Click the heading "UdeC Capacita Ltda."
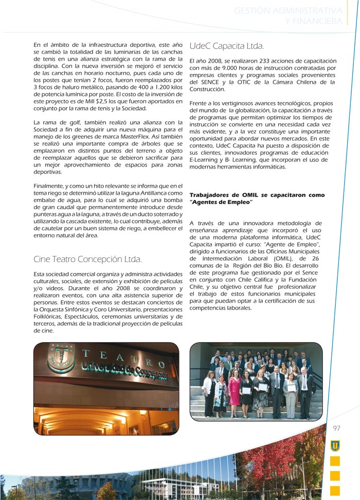tap(226, 46)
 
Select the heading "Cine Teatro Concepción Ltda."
tap(87, 258)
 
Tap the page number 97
tap(337, 428)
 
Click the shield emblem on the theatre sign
tap(61, 358)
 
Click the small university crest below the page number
tap(335, 445)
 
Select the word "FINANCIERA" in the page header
tap(316, 21)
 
